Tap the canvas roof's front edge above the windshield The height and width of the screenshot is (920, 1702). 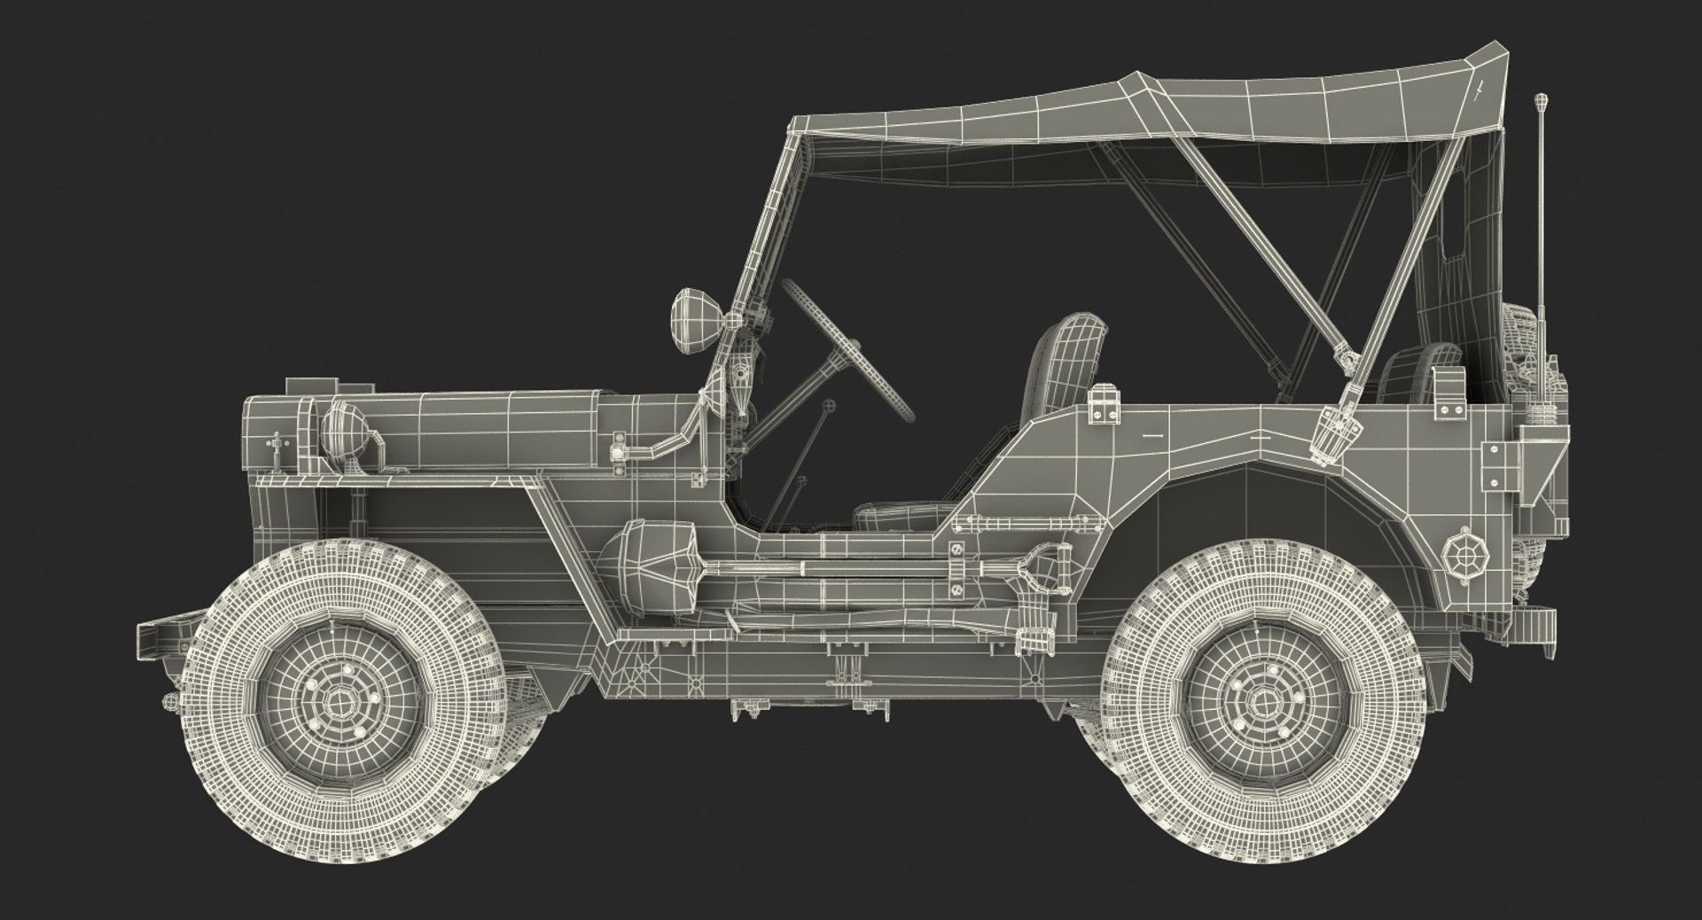pos(802,124)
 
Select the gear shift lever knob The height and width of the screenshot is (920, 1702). pos(829,406)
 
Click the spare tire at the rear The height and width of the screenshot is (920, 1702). pos(1529,355)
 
